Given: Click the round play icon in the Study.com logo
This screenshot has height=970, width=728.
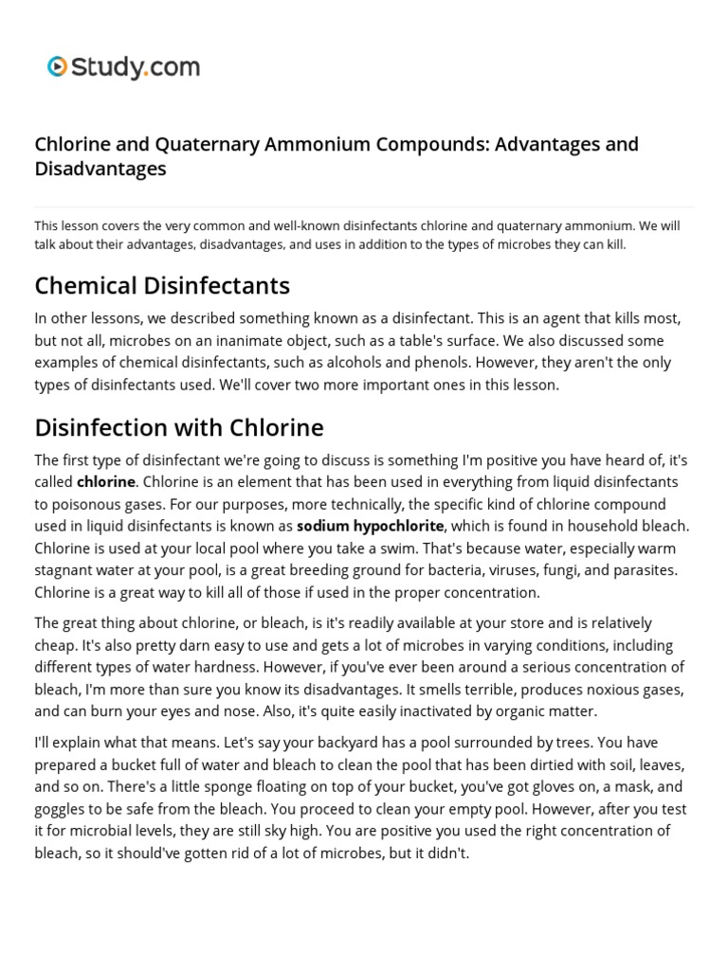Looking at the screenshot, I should pos(58,66).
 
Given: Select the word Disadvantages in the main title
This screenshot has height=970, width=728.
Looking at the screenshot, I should pos(100,169).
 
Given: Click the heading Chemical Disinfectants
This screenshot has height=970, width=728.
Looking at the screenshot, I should pos(162,285).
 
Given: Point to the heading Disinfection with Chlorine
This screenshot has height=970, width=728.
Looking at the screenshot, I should pos(179,427).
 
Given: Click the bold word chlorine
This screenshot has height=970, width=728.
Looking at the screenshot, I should pos(106,481).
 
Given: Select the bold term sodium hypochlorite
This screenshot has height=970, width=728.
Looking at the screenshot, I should pos(371,526).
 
